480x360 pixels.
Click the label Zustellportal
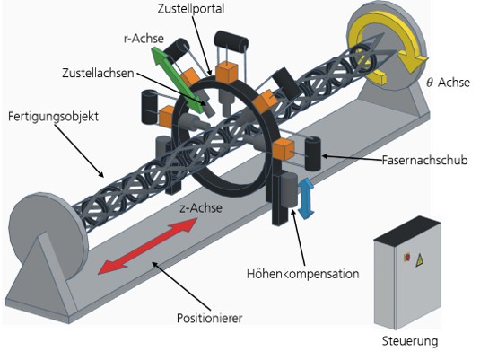(x=191, y=9)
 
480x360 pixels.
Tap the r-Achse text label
(x=144, y=39)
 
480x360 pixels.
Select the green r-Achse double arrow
(x=178, y=80)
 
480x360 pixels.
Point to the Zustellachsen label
(x=98, y=74)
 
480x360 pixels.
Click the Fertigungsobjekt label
(x=53, y=117)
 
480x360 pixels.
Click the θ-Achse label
(x=449, y=82)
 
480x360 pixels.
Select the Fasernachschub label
(x=424, y=160)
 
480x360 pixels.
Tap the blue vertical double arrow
(x=306, y=198)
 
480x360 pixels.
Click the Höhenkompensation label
(x=302, y=274)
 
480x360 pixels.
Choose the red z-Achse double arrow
(x=147, y=246)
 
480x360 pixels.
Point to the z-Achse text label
(x=200, y=208)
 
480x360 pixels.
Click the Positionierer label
(x=209, y=318)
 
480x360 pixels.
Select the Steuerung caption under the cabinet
(x=410, y=341)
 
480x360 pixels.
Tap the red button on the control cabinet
(x=407, y=257)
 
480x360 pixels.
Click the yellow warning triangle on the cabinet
(x=419, y=260)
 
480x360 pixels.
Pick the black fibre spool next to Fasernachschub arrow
(x=313, y=154)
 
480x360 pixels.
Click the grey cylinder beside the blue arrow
(x=289, y=189)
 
